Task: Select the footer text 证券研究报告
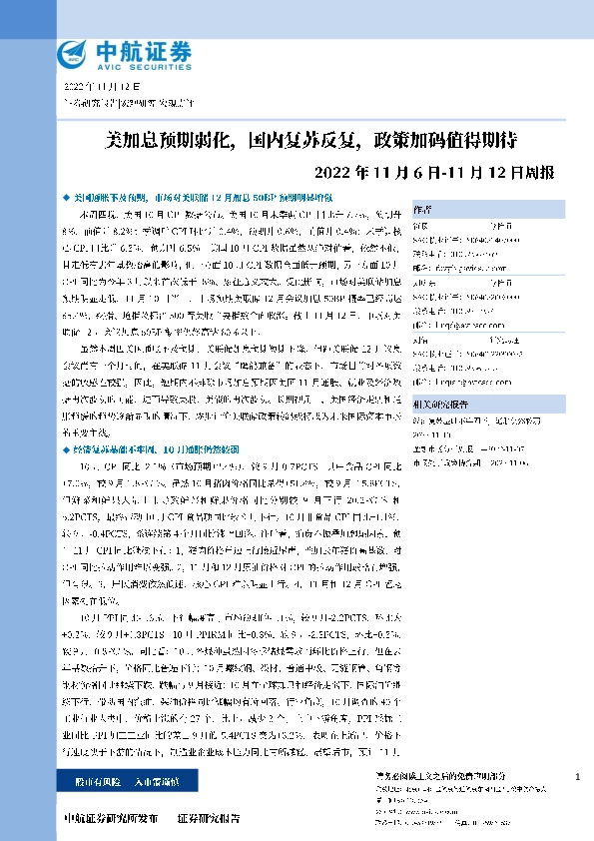point(208,818)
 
